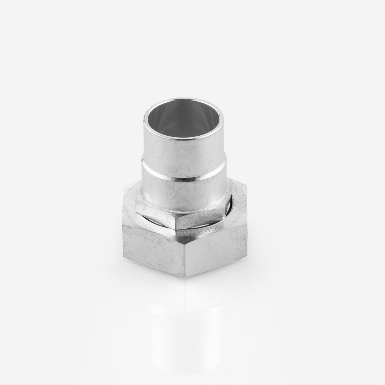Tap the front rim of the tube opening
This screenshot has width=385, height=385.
pos(183,138)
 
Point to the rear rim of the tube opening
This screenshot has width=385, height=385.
pos(183,100)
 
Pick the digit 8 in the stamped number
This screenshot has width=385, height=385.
pos(180,233)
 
